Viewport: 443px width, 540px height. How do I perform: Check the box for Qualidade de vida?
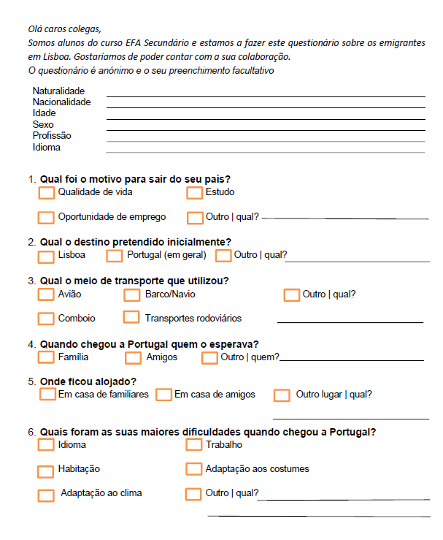coord(46,193)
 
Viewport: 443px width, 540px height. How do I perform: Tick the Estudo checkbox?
coord(194,193)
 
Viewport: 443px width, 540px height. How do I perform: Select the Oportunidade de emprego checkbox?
coord(46,217)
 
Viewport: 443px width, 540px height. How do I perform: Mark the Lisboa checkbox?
coord(46,256)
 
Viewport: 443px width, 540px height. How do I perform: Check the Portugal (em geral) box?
coord(114,256)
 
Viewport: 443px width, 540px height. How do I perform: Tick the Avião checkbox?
coord(46,294)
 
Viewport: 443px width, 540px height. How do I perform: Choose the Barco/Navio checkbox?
coord(131,295)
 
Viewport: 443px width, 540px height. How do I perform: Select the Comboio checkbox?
coord(46,319)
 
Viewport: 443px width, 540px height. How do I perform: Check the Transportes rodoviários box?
coord(131,317)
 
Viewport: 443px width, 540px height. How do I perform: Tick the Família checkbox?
coord(46,357)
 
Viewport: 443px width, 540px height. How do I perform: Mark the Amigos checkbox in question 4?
coord(133,358)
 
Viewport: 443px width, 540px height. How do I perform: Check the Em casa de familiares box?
coord(48,395)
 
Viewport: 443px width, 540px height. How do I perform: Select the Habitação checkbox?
coord(46,469)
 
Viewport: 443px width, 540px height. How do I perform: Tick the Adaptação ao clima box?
coord(46,495)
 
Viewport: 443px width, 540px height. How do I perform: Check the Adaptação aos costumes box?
coord(193,468)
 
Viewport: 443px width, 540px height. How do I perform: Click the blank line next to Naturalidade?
coord(266,95)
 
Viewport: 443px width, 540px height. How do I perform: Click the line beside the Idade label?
coord(266,118)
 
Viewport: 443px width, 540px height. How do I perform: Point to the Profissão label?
coord(52,136)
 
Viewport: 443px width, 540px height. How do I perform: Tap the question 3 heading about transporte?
coord(134,281)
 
